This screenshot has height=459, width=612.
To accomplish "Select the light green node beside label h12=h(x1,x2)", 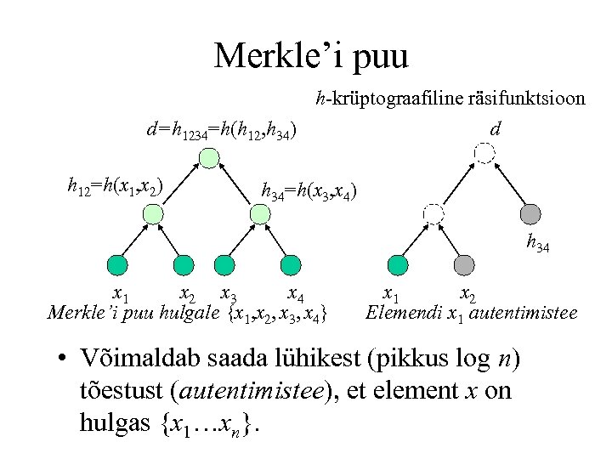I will click(150, 215).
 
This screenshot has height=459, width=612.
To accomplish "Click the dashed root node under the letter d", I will click(484, 153).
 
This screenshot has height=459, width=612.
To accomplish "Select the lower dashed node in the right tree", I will click(433, 213).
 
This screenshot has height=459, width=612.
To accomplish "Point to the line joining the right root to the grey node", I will click(507, 184).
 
